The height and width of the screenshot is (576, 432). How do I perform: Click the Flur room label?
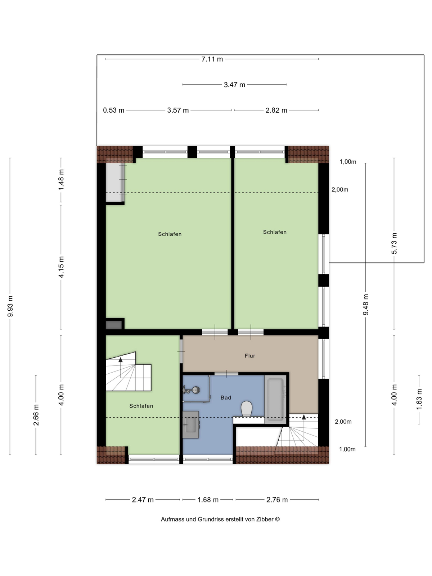250,356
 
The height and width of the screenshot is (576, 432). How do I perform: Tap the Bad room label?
226,397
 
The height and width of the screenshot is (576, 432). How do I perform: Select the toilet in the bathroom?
247,408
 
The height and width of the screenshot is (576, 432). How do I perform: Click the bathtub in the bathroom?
275,399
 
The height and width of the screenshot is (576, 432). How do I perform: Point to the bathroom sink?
190,424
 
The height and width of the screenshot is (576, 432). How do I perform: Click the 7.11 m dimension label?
212,59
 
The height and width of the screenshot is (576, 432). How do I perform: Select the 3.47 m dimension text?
234,85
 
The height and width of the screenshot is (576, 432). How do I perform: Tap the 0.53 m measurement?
113,110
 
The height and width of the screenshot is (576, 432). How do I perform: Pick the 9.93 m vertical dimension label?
10,306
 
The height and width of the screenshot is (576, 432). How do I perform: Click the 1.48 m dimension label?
61,180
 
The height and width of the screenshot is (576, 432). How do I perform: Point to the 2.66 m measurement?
36,415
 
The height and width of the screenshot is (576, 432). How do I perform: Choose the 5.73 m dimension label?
394,243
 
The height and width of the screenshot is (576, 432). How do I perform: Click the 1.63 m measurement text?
419,399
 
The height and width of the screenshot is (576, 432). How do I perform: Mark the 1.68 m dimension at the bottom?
208,500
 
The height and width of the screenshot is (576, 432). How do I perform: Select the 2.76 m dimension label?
277,500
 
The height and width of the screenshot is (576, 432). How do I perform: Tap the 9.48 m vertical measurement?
365,305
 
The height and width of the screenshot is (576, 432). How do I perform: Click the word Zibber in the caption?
265,519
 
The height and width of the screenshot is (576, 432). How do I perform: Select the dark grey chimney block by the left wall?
113,325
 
